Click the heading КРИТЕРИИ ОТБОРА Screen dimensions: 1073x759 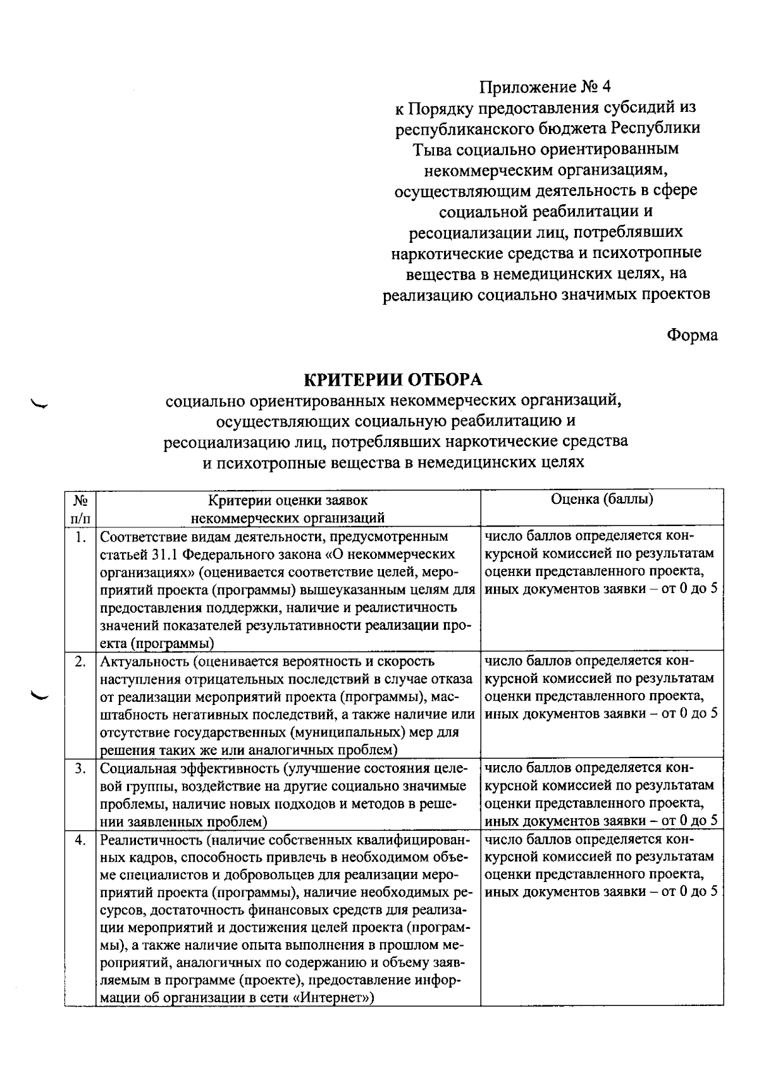click(393, 379)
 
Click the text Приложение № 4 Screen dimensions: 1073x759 click(546, 87)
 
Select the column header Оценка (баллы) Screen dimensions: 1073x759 click(602, 500)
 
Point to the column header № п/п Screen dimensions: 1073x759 click(80, 509)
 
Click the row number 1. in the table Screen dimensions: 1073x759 click(80, 537)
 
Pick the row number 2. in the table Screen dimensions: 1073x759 click(80, 662)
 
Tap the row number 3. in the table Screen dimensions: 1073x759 click(80, 769)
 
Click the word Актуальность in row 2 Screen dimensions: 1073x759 click(144, 662)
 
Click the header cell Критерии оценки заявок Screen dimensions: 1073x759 click(288, 501)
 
